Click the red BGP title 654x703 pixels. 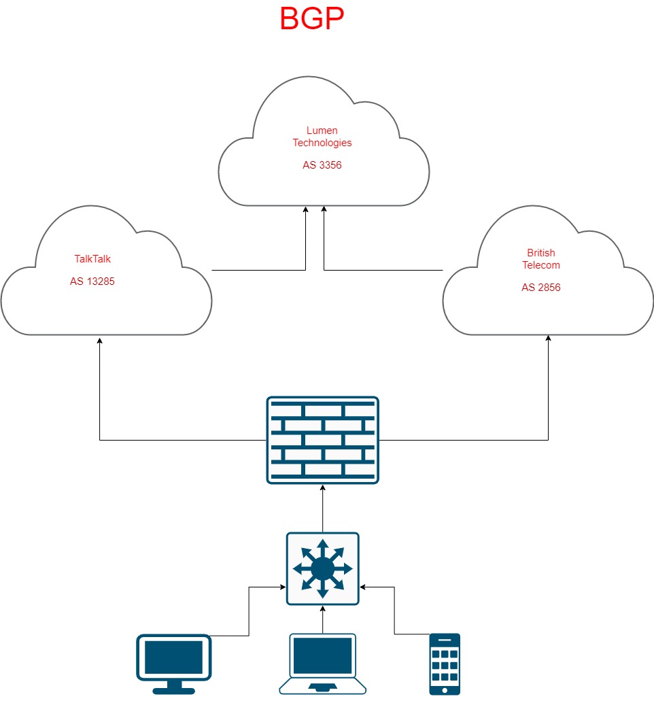312,19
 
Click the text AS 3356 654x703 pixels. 322,165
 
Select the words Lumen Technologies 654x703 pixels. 322,137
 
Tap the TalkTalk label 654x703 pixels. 92,258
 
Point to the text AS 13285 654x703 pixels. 92,281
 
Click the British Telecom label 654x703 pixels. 541,259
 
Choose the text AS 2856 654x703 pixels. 541,288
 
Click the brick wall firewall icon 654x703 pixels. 322,440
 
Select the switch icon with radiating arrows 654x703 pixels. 322,568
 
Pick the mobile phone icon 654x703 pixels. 445,664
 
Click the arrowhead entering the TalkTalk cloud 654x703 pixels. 100,339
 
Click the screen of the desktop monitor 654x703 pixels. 174,655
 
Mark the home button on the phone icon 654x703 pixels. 445,689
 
